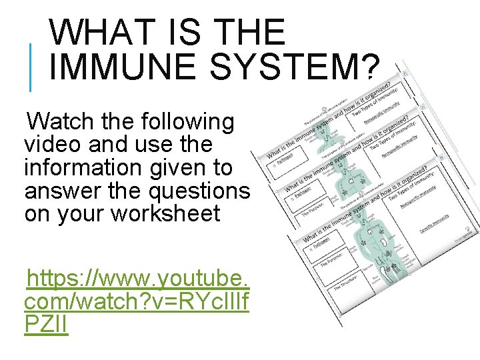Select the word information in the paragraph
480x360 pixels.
81,167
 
